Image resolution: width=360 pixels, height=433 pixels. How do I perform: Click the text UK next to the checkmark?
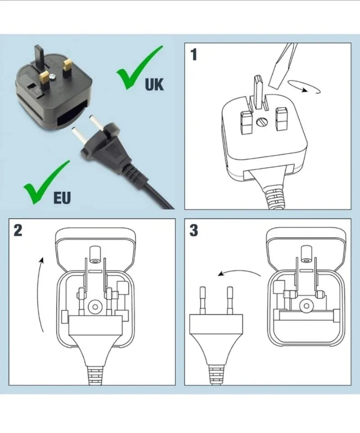pyautogui.click(x=154, y=84)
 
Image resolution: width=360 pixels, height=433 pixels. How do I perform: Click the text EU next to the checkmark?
pyautogui.click(x=62, y=198)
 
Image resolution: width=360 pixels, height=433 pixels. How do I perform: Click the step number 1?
pyautogui.click(x=194, y=54)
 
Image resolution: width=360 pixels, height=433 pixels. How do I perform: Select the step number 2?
pyautogui.click(x=18, y=230)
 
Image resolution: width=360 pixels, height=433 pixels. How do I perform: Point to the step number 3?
pyautogui.click(x=194, y=230)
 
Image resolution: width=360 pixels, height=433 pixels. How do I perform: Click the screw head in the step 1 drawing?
pyautogui.click(x=261, y=122)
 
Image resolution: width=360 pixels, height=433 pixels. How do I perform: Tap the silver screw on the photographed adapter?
pyautogui.click(x=53, y=75)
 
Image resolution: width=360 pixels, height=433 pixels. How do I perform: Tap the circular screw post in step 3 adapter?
pyautogui.click(x=306, y=306)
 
